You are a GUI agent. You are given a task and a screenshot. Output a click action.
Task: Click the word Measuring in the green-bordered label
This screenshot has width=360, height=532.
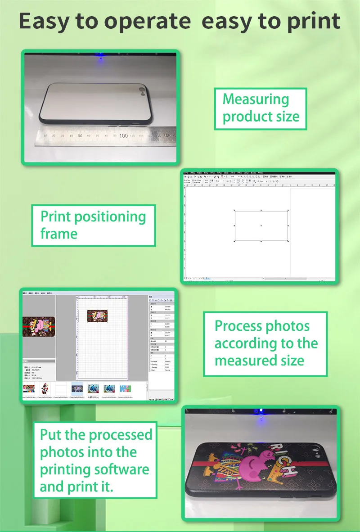(256, 99)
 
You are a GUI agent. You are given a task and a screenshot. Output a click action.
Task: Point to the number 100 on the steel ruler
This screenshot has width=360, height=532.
(123, 135)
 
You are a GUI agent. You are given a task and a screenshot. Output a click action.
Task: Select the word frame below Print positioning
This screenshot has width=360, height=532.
(59, 234)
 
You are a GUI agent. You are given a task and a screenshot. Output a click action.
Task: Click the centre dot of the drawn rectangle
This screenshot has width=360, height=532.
(261, 225)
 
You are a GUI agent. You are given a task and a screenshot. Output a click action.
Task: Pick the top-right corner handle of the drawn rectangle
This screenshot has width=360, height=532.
(288, 210)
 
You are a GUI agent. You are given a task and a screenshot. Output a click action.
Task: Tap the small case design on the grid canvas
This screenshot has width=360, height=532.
(98, 316)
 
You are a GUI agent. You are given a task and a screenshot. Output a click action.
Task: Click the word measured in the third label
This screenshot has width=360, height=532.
(246, 361)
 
